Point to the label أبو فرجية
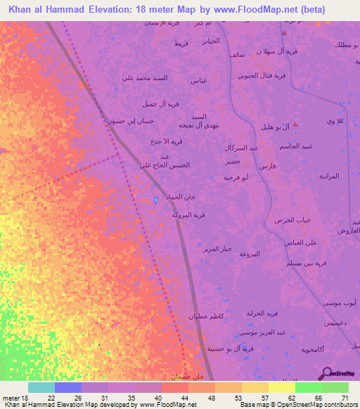coord(237,178)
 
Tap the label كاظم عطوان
coord(206,317)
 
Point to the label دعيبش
coord(334,323)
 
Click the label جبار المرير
coord(217,249)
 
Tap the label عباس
coord(198,81)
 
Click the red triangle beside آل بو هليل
coord(296,124)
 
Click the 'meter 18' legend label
coord(15,398)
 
